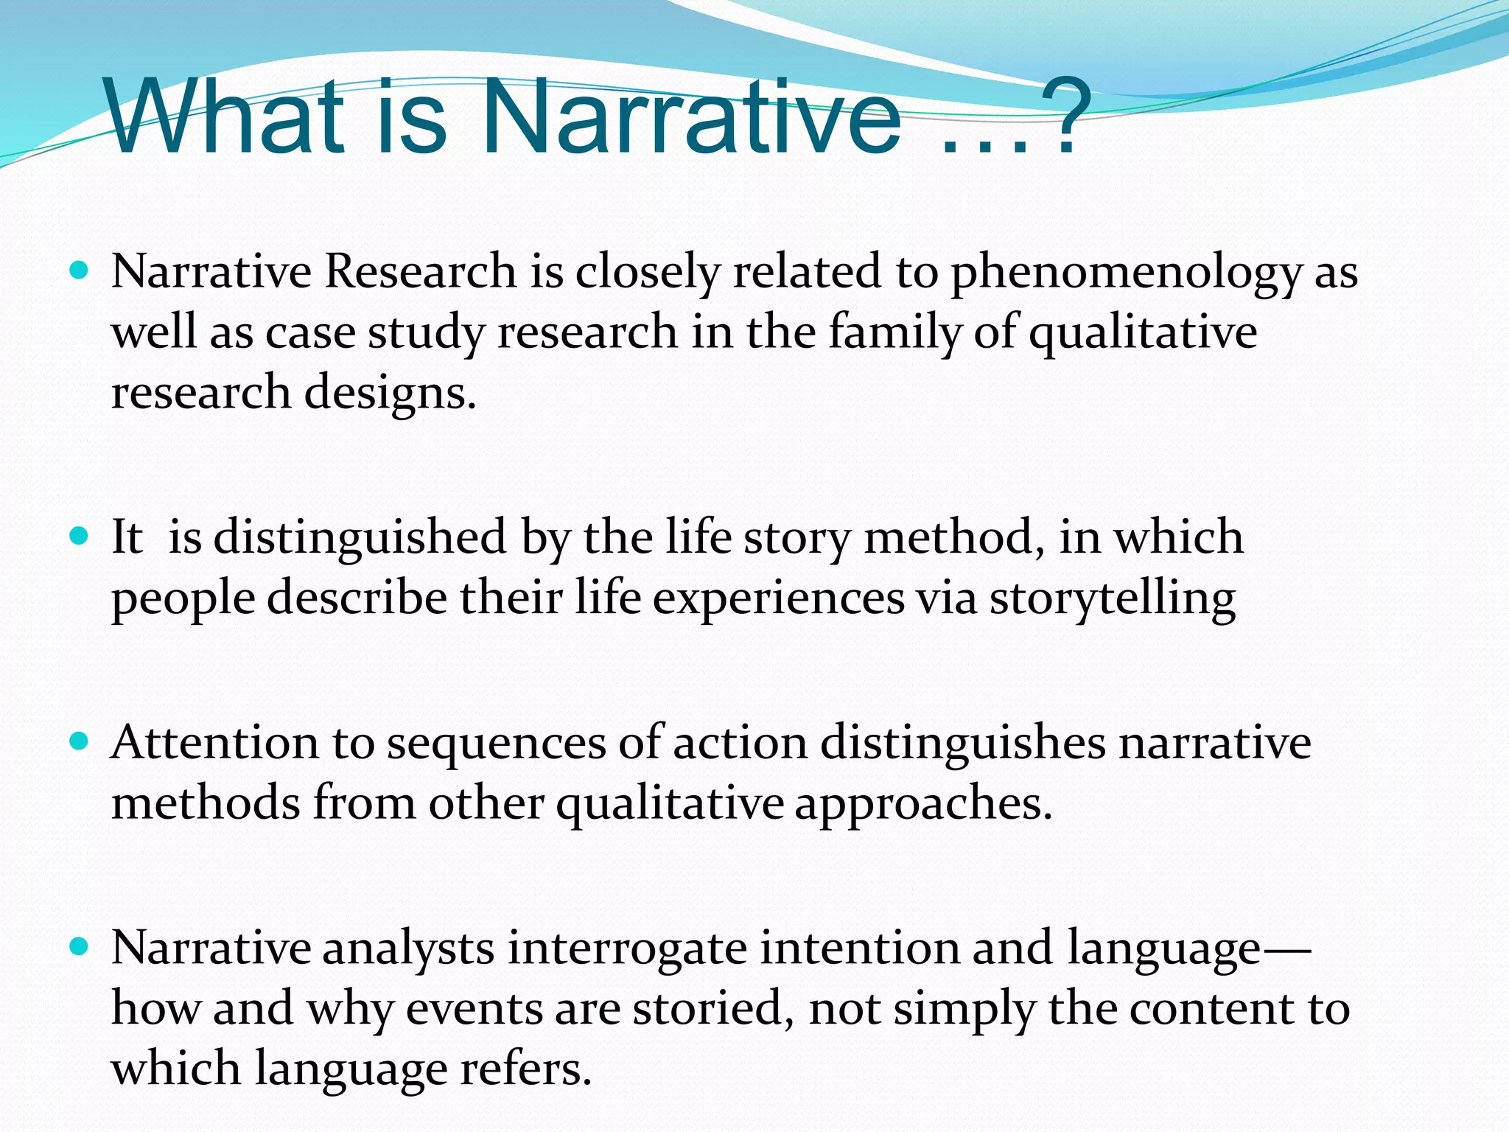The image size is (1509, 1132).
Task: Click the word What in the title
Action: click(x=225, y=118)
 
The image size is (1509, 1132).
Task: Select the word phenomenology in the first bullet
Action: click(x=1126, y=273)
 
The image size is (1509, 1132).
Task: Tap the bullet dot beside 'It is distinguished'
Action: click(x=78, y=534)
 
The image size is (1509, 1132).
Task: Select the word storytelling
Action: click(x=1112, y=598)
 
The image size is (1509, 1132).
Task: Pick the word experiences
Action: click(x=778, y=598)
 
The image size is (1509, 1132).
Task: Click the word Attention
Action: click(x=214, y=743)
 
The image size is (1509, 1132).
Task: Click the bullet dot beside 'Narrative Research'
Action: click(x=78, y=270)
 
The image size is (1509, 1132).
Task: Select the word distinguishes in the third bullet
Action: click(x=962, y=743)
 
